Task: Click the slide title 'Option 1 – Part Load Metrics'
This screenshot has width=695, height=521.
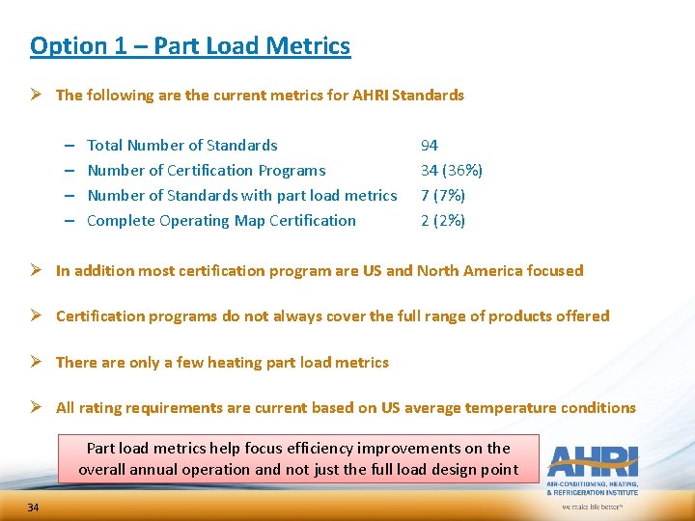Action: (x=190, y=45)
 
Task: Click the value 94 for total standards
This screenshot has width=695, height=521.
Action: (x=429, y=146)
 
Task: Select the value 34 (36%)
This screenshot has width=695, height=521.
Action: (x=451, y=171)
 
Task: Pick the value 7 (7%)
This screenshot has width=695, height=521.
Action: (x=442, y=196)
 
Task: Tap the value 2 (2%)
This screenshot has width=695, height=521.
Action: (x=442, y=221)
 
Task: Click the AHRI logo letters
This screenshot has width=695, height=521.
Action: (x=592, y=458)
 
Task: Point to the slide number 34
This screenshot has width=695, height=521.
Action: (x=33, y=507)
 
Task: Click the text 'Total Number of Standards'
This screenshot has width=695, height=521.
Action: (x=182, y=146)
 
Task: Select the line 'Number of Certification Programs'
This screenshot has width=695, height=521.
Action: (x=207, y=171)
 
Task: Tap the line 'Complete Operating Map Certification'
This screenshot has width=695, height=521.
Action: (x=221, y=221)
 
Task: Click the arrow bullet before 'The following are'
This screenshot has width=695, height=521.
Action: (x=38, y=96)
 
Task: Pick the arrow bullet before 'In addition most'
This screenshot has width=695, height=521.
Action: (x=38, y=271)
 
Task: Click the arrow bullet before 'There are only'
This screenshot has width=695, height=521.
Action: (x=38, y=363)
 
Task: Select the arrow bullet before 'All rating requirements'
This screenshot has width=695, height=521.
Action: (x=38, y=408)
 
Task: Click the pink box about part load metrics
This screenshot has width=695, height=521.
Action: (x=298, y=459)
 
